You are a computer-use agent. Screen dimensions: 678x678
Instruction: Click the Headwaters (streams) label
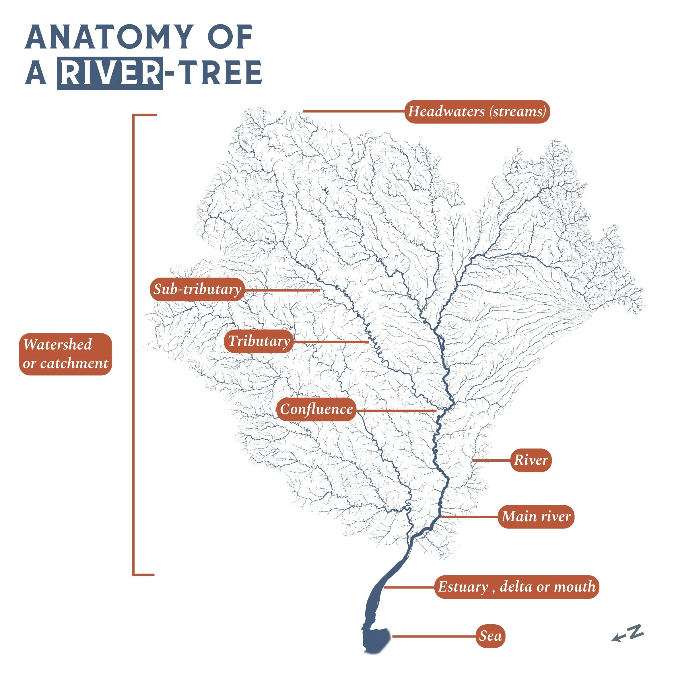coord(477,112)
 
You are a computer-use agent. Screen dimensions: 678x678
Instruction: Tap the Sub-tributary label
coord(197,290)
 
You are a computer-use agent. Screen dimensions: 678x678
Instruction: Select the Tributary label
coord(259,341)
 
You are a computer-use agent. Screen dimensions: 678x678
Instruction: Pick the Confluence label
coord(316,409)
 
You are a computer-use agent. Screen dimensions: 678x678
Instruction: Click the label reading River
coord(531,460)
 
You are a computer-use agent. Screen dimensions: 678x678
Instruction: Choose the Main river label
coord(536,516)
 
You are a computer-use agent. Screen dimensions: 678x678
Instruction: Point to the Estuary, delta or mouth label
coord(516,587)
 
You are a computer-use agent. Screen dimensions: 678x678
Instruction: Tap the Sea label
coord(490,636)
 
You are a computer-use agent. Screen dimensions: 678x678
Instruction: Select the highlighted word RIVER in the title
coord(110,73)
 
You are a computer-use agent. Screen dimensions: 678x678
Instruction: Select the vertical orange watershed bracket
coord(133,344)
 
